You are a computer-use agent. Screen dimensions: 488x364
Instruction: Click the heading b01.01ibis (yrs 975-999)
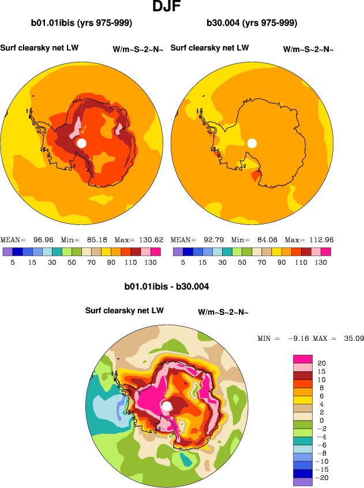(x=81, y=23)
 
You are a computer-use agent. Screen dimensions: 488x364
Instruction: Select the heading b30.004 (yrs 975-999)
(x=252, y=23)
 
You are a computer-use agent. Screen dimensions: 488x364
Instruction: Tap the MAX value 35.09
(x=352, y=338)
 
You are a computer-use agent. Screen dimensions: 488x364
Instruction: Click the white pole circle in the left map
(x=81, y=142)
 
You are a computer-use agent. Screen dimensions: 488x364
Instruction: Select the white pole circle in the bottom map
(x=167, y=407)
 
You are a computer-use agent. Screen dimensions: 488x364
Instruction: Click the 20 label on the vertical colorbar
(x=322, y=363)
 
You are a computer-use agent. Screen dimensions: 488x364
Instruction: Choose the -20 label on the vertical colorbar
(x=324, y=478)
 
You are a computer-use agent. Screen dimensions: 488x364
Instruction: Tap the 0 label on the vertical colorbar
(x=321, y=421)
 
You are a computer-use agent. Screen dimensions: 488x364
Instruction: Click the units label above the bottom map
(x=223, y=312)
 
